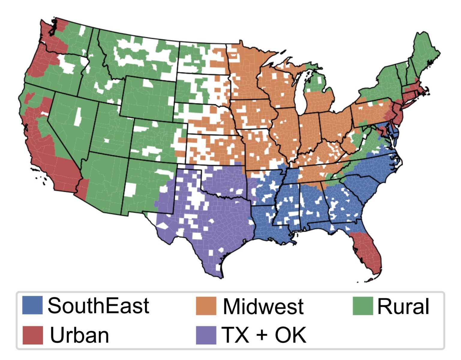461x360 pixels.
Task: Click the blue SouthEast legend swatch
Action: [x=32, y=305]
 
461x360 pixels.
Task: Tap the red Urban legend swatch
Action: [x=32, y=335]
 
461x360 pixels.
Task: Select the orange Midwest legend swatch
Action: [x=206, y=306]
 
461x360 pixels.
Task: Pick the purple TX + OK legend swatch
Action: [x=206, y=335]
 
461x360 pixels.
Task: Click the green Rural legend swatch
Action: [x=363, y=306]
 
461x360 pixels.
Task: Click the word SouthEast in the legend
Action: [x=98, y=306]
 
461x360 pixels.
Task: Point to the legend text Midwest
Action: [x=263, y=307]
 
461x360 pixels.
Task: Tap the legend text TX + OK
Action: [x=264, y=335]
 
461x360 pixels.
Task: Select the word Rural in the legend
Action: [x=403, y=307]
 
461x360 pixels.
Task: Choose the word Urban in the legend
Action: [x=79, y=335]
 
